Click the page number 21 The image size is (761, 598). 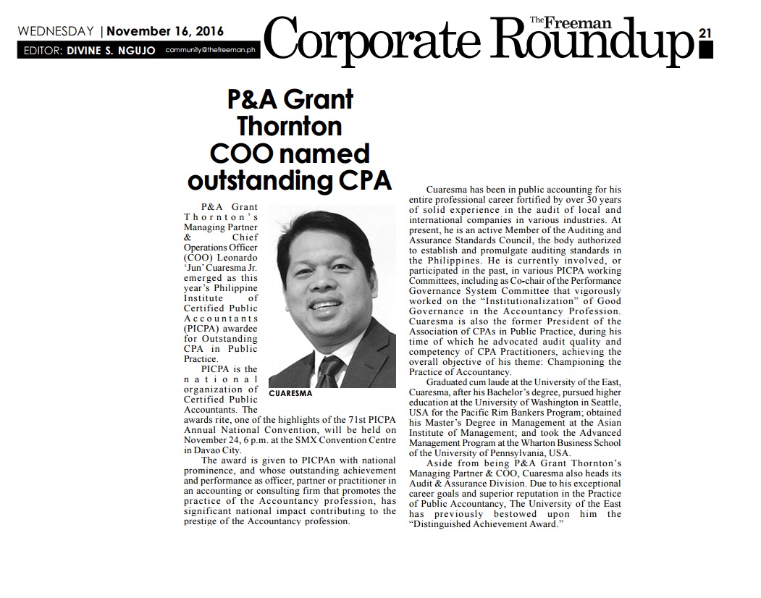click(705, 33)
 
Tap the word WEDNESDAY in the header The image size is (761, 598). click(56, 31)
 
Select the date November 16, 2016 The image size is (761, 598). click(165, 31)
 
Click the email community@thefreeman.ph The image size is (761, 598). click(209, 51)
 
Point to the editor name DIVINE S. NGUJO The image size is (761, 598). click(111, 51)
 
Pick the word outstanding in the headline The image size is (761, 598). click(262, 180)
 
